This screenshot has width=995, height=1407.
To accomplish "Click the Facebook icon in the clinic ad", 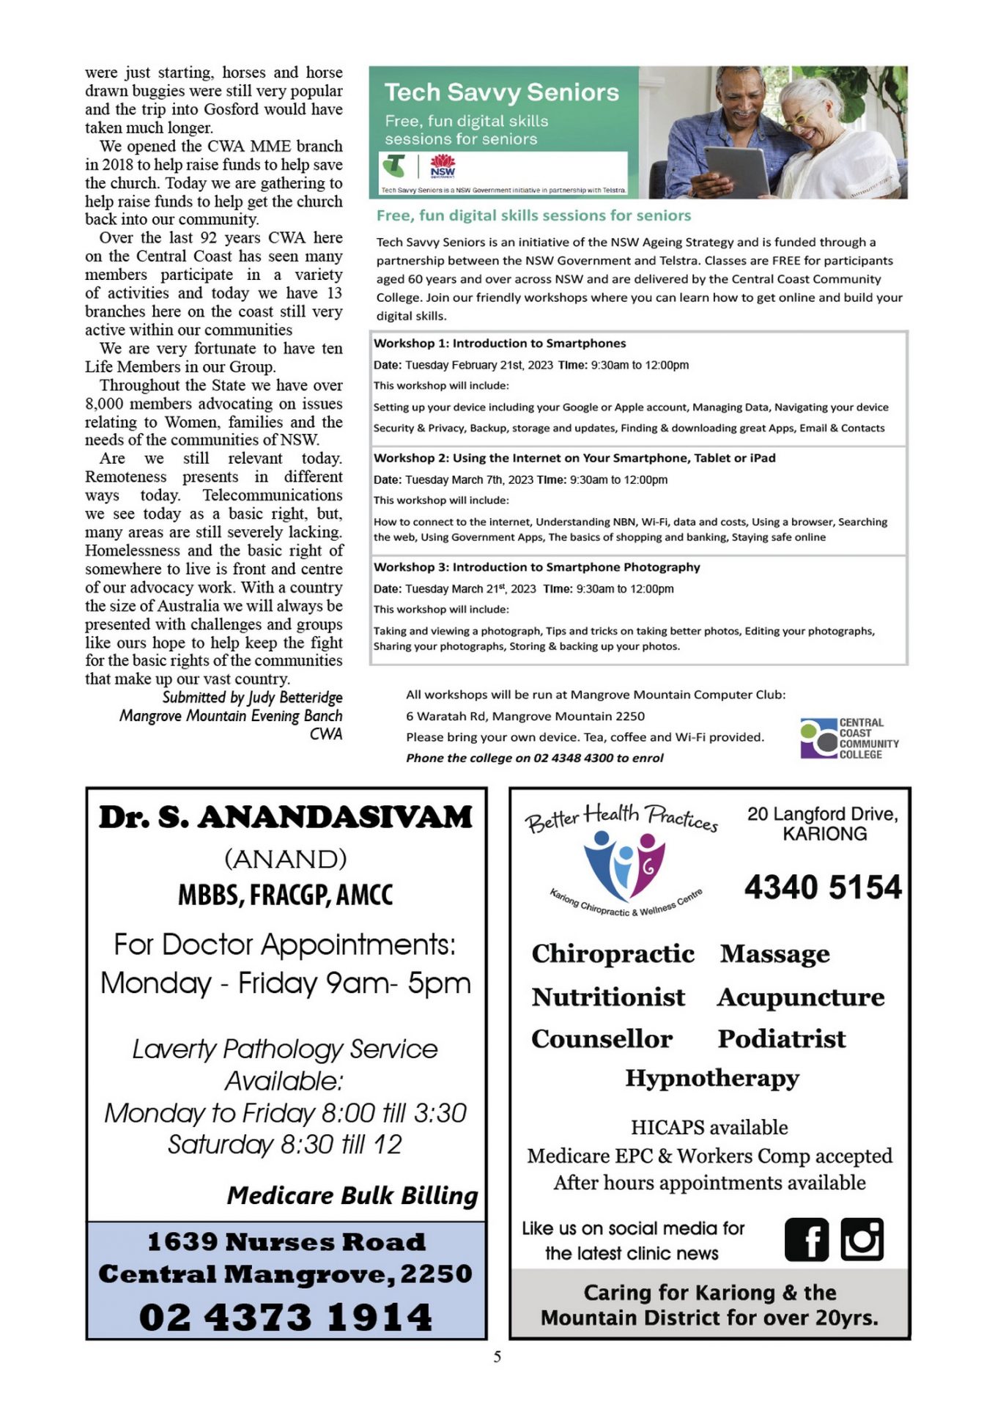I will tap(806, 1239).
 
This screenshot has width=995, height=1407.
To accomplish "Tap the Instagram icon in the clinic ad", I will tap(862, 1239).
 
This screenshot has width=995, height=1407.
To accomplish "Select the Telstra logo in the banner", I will tap(395, 166).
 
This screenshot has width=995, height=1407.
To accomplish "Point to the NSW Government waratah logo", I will tap(443, 166).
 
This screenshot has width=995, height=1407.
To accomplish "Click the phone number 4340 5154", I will tap(823, 887).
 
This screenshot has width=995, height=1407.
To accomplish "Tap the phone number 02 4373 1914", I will tap(286, 1317).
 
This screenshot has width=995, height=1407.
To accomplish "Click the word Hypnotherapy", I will tap(711, 1078).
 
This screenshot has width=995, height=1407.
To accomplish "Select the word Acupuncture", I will tap(801, 997).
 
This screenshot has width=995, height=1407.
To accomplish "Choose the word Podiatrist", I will tap(781, 1038).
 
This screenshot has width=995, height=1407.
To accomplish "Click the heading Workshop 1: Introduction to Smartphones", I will tap(500, 343).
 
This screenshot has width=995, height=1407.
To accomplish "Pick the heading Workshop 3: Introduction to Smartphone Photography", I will tap(536, 567).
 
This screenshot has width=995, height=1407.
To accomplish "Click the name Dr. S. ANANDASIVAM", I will tap(286, 817).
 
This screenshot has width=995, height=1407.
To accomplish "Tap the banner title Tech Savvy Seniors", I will tap(502, 92).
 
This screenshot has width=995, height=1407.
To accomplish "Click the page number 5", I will tap(497, 1356).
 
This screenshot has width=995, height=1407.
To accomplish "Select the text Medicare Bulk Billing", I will tap(352, 1195).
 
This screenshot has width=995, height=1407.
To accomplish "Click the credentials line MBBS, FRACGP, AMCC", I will tap(286, 895).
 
